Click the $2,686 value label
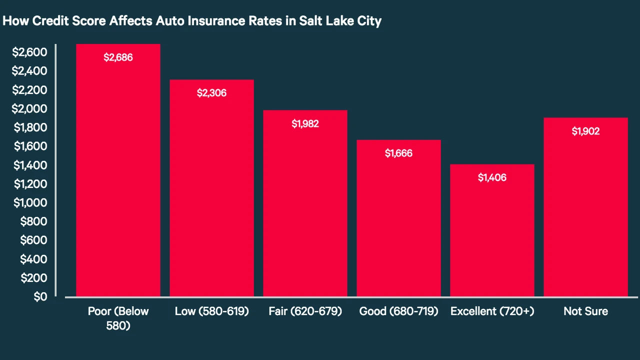click(118, 57)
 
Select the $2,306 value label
click(211, 93)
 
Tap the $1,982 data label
click(305, 123)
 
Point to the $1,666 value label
click(398, 153)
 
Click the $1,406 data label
click(492, 177)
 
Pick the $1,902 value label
click(585, 131)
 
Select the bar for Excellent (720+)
click(492, 230)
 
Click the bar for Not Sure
click(585, 207)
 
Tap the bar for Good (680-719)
click(398, 218)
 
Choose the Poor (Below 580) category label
click(118, 318)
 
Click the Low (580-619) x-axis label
click(211, 311)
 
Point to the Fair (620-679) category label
click(305, 311)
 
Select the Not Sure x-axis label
click(585, 311)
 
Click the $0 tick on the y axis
click(40, 297)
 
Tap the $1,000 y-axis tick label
click(30, 203)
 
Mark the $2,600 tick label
click(29, 52)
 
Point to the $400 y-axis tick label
click(33, 259)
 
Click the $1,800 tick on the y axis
click(30, 127)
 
